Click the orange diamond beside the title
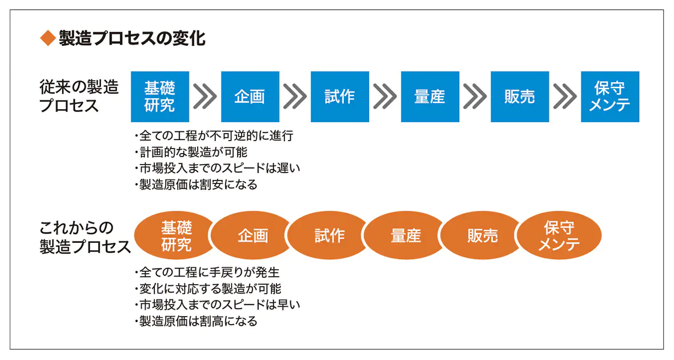tap(48, 38)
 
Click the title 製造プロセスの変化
tap(132, 38)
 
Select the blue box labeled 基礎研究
tap(160, 97)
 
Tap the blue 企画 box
tap(250, 97)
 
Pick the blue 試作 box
tap(340, 97)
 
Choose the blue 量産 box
tap(430, 97)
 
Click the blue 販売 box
tap(520, 97)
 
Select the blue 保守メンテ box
tap(611, 97)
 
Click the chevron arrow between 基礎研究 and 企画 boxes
tap(205, 97)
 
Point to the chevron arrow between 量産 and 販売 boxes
tap(475, 97)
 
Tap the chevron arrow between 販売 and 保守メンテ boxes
tap(565, 97)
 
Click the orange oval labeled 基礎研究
tap(174, 235)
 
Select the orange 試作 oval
tap(329, 235)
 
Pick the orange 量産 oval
tap(406, 235)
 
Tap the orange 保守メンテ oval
tap(559, 235)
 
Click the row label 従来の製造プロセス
tap(79, 97)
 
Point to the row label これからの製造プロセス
tap(85, 237)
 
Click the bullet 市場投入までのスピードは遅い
tap(217, 168)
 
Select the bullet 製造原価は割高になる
tap(196, 321)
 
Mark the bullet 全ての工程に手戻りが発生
tap(207, 272)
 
